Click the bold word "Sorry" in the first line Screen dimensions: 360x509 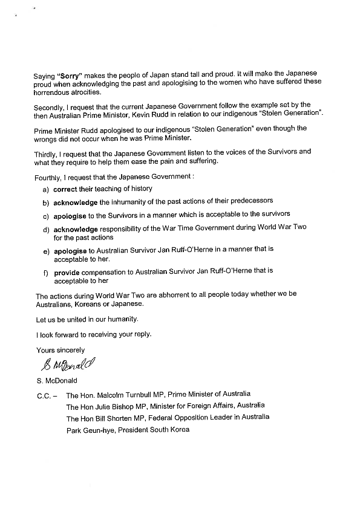tap(66, 77)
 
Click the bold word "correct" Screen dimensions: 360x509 tap(65, 189)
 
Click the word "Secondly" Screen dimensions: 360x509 tap(50, 105)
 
